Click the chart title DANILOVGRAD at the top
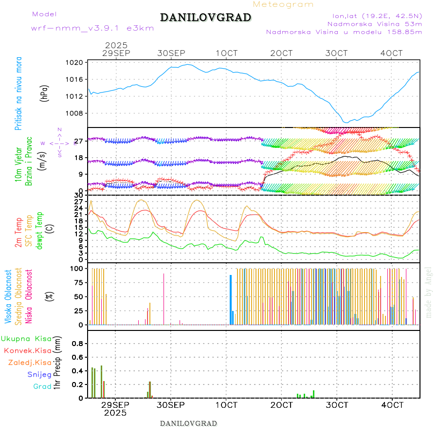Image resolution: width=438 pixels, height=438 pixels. pyautogui.click(x=205, y=18)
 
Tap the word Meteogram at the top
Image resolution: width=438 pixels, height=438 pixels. pyautogui.click(x=283, y=4)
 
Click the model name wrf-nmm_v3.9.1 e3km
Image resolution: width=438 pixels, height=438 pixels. pyautogui.click(x=92, y=28)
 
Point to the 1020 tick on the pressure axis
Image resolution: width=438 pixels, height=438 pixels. pyautogui.click(x=78, y=62)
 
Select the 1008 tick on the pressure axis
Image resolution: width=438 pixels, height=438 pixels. pyautogui.click(x=78, y=113)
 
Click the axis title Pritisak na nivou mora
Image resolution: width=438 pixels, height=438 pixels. pyautogui.click(x=18, y=93)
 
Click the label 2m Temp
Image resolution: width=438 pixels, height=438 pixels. pyautogui.click(x=18, y=233)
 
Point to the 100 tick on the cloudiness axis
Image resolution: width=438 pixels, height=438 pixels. pyautogui.click(x=78, y=268)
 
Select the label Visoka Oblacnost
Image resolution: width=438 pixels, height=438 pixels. pyautogui.click(x=8, y=296)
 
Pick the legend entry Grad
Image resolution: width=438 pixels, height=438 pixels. pyautogui.click(x=42, y=386)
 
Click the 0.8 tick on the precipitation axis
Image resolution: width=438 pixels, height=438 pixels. pyautogui.click(x=78, y=343)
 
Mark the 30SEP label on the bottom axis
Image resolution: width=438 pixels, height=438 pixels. pyautogui.click(x=171, y=404)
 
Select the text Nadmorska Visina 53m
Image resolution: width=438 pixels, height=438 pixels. pyautogui.click(x=375, y=23)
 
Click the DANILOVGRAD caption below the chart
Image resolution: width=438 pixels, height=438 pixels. pyautogui.click(x=188, y=423)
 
